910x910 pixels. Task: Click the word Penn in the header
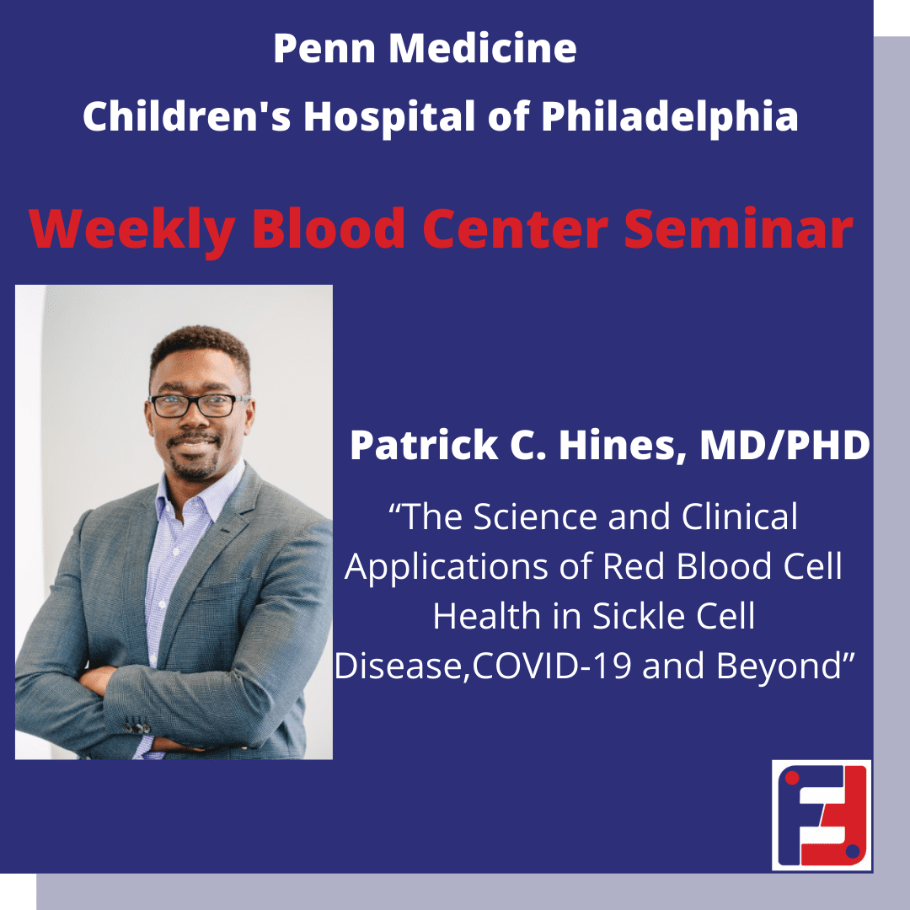(324, 48)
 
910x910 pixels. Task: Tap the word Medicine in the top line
(483, 48)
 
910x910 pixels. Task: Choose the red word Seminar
(738, 228)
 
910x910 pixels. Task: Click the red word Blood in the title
(328, 228)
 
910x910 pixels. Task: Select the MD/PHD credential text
(784, 445)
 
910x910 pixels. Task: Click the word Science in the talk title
(534, 517)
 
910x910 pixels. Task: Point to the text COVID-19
(552, 666)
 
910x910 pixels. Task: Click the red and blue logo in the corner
(822, 815)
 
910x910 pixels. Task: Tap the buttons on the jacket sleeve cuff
(138, 726)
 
